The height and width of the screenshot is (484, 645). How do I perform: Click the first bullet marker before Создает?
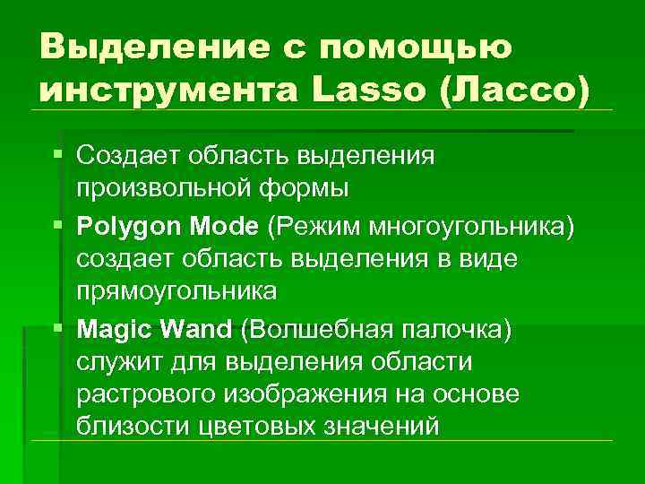[x=58, y=155]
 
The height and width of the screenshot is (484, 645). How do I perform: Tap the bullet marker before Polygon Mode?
[x=58, y=224]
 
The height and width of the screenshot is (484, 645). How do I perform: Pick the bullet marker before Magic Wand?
[x=58, y=328]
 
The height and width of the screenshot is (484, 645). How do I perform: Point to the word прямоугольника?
[x=176, y=292]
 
